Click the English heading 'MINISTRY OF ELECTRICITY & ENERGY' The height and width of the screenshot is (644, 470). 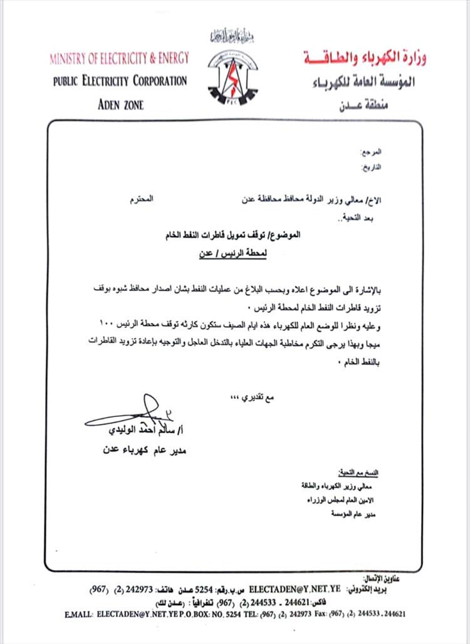[x=119, y=59]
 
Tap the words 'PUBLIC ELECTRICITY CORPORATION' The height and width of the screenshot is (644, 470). [x=120, y=81]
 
